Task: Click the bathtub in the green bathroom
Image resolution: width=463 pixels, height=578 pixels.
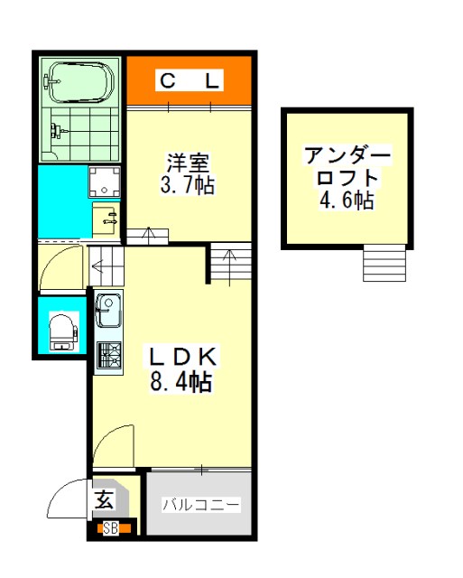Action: (81, 82)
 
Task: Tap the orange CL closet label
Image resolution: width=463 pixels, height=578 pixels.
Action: (190, 80)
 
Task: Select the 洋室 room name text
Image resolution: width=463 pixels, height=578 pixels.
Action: (189, 163)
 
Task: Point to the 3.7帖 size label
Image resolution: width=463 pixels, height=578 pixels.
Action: (188, 184)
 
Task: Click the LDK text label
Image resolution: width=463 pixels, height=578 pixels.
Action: (182, 356)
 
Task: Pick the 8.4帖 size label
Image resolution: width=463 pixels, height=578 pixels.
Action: (181, 381)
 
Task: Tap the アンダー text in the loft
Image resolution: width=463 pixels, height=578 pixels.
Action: (347, 156)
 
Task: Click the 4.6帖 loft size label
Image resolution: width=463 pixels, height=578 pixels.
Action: (347, 200)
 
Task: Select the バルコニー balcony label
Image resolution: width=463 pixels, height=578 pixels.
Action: (201, 505)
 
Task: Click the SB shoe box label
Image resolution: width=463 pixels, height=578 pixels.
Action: (110, 528)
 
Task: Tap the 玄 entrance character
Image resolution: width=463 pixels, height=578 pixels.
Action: (104, 499)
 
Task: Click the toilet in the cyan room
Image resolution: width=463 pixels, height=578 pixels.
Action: (63, 331)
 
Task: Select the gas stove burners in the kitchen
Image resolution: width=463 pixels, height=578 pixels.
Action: (109, 355)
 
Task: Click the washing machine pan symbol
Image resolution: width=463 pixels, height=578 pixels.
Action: (104, 182)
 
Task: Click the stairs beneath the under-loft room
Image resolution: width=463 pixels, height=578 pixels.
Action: (384, 263)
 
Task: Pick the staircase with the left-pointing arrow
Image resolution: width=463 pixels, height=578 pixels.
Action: (106, 266)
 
